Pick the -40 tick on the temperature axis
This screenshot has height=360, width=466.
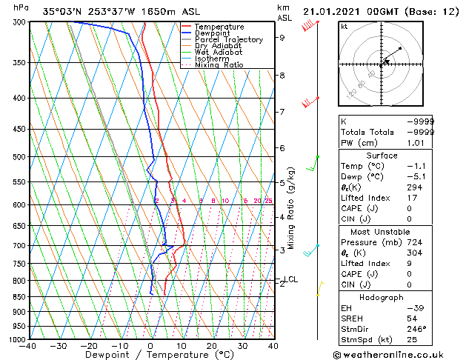click(x=28, y=346)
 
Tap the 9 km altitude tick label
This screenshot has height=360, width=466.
click(x=282, y=37)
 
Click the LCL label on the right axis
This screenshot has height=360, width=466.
click(x=291, y=279)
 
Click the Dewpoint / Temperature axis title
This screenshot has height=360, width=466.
click(x=150, y=355)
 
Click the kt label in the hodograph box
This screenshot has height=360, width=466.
click(x=344, y=26)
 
